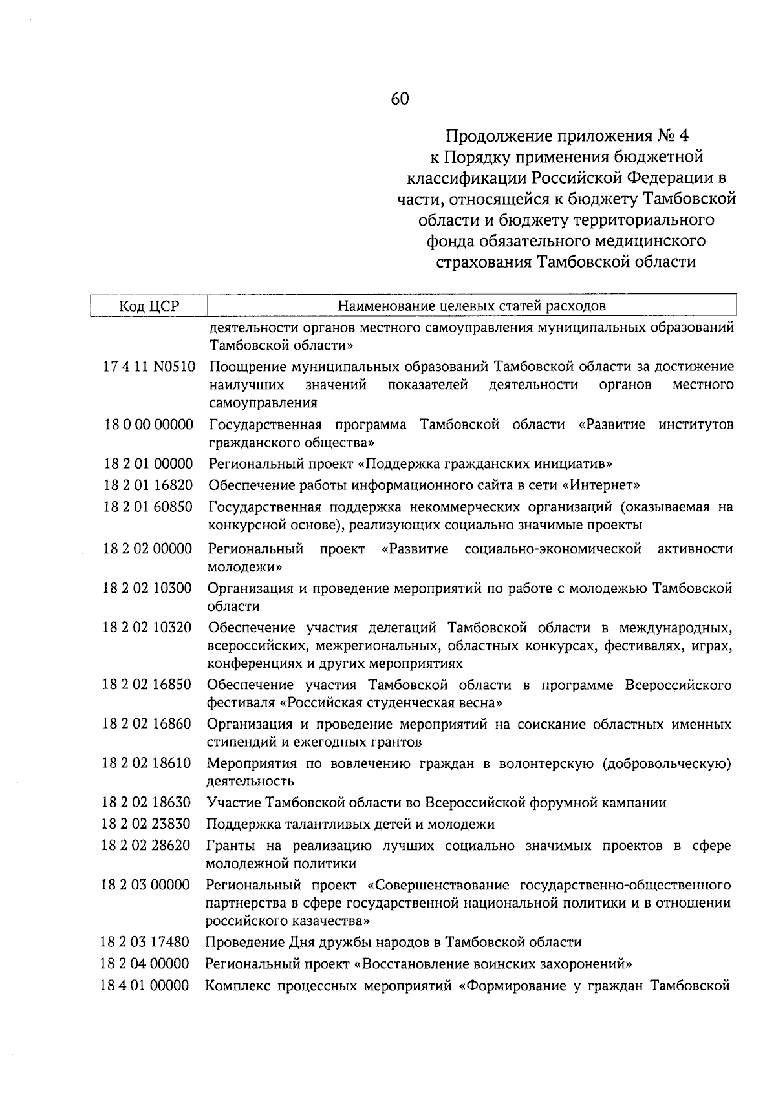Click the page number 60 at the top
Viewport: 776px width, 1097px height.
click(x=400, y=99)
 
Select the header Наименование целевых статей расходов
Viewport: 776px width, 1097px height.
click(x=471, y=305)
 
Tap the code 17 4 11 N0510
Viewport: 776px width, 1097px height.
click(x=149, y=367)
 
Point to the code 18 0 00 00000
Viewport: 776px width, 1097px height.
click(x=149, y=425)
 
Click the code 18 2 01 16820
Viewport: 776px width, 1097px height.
click(x=148, y=485)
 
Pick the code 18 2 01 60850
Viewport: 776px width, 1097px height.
click(x=148, y=506)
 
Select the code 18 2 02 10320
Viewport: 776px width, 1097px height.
click(x=147, y=627)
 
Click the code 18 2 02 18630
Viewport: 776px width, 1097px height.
click(x=146, y=802)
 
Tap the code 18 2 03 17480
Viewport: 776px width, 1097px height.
click(x=145, y=942)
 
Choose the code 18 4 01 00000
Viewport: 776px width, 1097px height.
click(x=145, y=985)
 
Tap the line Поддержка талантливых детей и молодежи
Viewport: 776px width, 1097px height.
click(x=350, y=824)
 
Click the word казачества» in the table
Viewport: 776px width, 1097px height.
click(x=327, y=920)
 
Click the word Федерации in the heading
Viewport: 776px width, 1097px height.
click(x=667, y=177)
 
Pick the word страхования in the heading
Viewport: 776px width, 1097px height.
click(x=473, y=262)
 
